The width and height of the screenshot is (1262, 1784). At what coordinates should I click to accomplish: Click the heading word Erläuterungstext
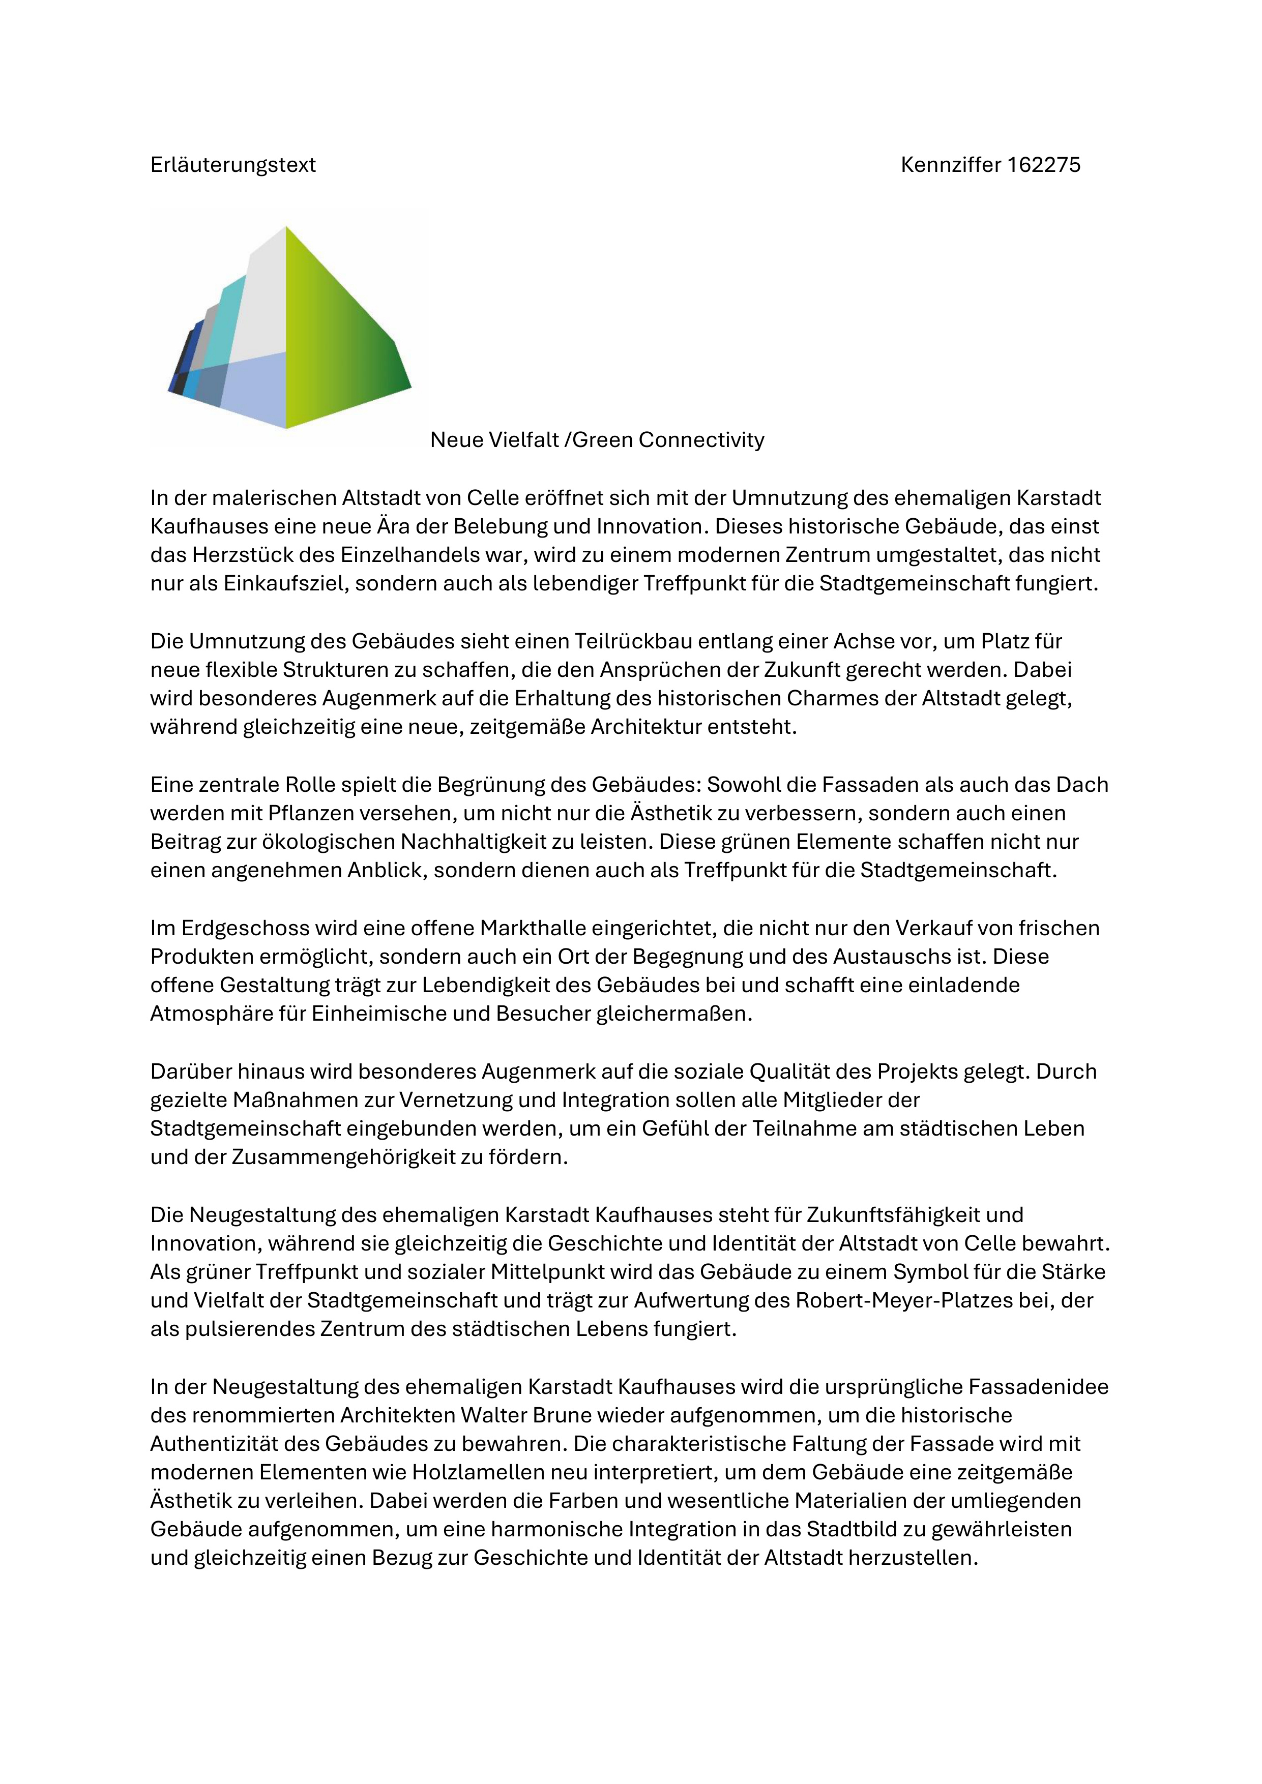tap(233, 165)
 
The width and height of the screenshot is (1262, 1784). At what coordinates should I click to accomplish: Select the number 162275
tap(1044, 165)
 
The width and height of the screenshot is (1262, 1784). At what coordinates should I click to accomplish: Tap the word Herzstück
tap(260, 555)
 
